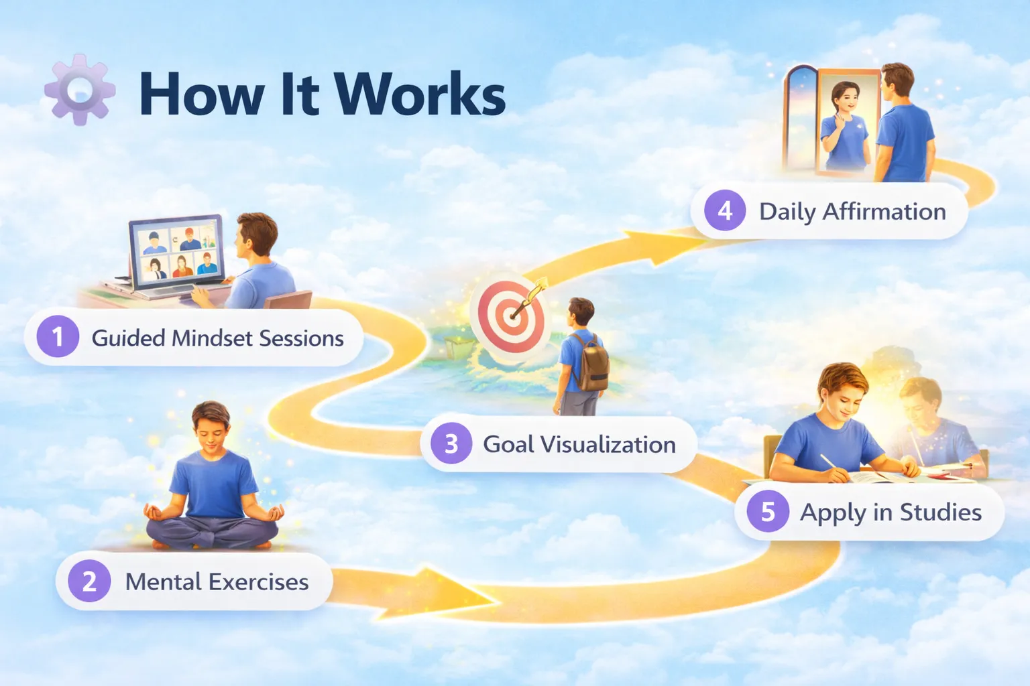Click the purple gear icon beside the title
tap(80, 90)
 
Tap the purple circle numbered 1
tap(58, 336)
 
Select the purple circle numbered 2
tap(89, 581)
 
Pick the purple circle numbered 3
tap(451, 443)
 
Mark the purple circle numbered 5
tap(767, 510)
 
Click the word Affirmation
tap(884, 211)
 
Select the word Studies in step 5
tap(940, 512)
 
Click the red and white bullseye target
tap(512, 317)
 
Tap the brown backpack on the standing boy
tap(590, 362)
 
